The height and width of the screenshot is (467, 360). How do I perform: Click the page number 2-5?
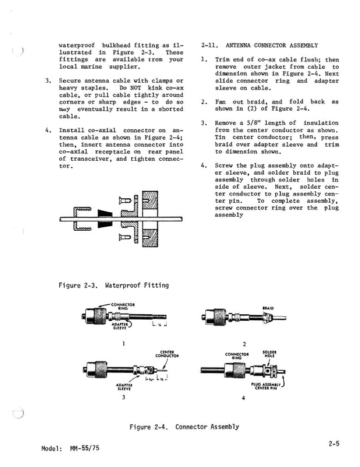pyautogui.click(x=337, y=441)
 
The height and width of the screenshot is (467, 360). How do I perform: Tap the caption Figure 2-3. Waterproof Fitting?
pyautogui.click(x=113, y=286)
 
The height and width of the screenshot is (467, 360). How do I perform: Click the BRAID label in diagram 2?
pyautogui.click(x=268, y=308)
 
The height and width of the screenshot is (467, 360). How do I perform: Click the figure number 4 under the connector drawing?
pyautogui.click(x=244, y=398)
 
